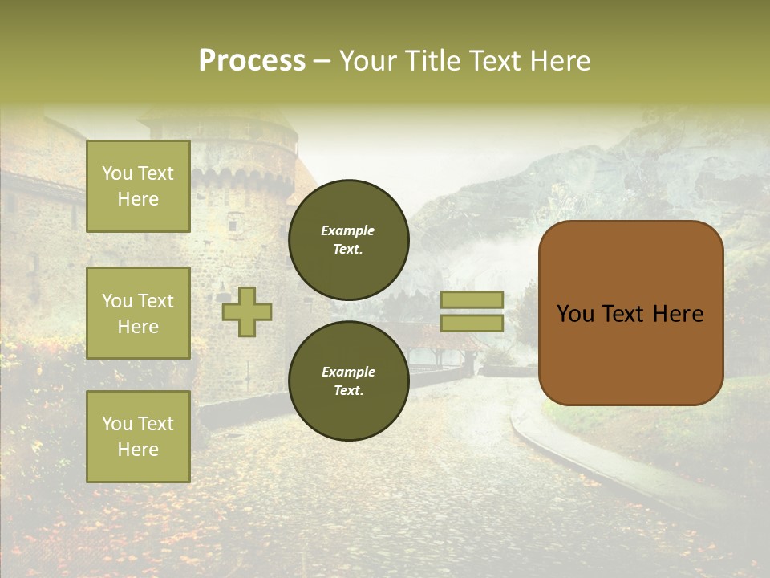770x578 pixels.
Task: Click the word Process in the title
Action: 252,61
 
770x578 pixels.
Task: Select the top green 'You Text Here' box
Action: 138,186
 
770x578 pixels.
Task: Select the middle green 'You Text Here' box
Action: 138,313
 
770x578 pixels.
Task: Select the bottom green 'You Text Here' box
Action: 138,437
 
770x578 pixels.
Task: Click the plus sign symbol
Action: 247,311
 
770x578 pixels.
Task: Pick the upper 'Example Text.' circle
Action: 348,239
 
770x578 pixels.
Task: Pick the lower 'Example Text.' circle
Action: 348,381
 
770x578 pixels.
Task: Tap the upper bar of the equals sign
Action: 472,299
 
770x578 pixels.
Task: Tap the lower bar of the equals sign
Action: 472,323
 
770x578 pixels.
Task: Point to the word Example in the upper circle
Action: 348,230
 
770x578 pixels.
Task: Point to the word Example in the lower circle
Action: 348,372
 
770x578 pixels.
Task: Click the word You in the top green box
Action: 117,173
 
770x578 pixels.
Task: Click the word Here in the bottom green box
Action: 138,450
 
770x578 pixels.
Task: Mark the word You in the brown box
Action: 575,314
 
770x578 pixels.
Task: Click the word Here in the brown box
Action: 678,314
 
